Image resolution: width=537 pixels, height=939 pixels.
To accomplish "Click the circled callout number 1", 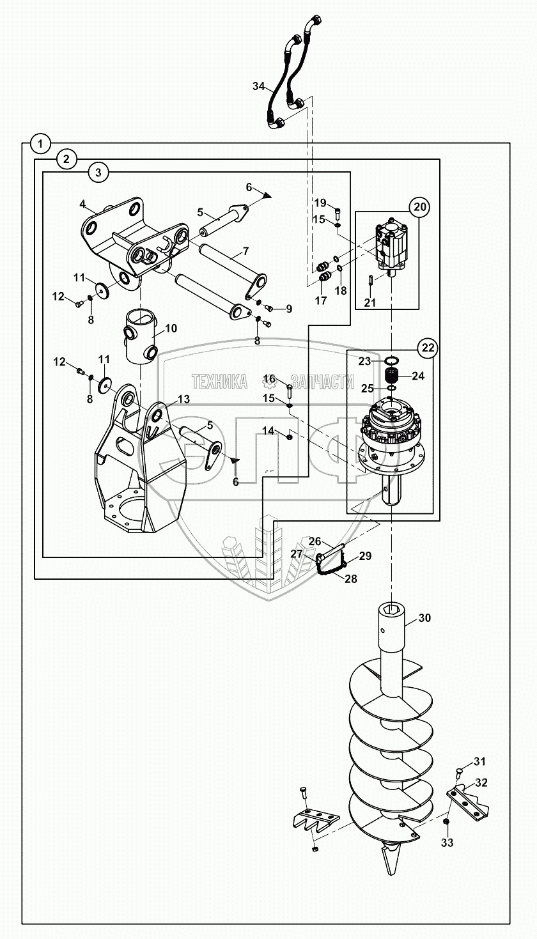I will click(40, 143).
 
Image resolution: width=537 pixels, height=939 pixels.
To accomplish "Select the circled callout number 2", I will click(66, 159).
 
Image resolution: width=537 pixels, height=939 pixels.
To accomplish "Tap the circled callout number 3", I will click(97, 172).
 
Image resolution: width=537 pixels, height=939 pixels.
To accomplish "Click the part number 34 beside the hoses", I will click(258, 86).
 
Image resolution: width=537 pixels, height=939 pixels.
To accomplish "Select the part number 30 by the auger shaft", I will click(425, 618).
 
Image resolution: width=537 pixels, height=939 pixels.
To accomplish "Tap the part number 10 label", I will click(171, 329).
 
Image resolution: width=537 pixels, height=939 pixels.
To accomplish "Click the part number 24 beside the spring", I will click(417, 376).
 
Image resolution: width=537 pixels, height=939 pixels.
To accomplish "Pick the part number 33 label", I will click(447, 843).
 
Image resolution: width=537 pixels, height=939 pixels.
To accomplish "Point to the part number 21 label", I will click(370, 302).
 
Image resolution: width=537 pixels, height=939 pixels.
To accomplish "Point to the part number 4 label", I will click(82, 204).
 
